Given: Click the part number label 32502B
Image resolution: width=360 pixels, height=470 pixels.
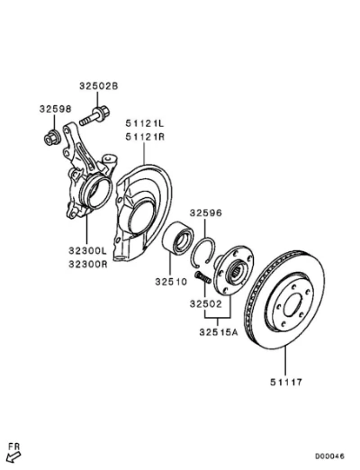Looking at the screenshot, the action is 99,86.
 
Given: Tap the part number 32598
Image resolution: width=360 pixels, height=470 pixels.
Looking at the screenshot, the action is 56,109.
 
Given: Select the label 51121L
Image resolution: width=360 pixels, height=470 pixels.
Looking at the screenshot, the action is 145,123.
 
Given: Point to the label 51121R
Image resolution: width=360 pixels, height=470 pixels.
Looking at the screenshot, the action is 145,137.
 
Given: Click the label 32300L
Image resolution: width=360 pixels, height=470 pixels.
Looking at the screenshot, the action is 87,250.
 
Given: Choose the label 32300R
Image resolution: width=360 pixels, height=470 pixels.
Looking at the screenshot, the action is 87,264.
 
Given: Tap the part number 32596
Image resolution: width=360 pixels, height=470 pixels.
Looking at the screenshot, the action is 206,213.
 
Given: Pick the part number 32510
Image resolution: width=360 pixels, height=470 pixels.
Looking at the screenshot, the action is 171,282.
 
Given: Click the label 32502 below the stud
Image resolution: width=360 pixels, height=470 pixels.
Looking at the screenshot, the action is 206,304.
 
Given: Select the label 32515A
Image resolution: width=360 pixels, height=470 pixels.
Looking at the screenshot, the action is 219,332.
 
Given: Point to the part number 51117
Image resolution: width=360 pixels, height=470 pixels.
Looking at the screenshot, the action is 286,382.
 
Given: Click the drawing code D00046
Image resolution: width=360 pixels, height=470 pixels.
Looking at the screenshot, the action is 329,456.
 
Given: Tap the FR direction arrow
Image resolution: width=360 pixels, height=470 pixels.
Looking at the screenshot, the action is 13,457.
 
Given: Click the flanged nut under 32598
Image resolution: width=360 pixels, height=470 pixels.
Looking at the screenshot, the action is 52,139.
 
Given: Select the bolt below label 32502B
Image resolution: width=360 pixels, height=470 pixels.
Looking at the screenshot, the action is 94,116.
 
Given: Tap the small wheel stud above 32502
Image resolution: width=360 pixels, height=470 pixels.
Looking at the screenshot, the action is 202,277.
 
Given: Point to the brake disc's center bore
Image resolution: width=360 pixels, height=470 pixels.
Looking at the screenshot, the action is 292,304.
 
